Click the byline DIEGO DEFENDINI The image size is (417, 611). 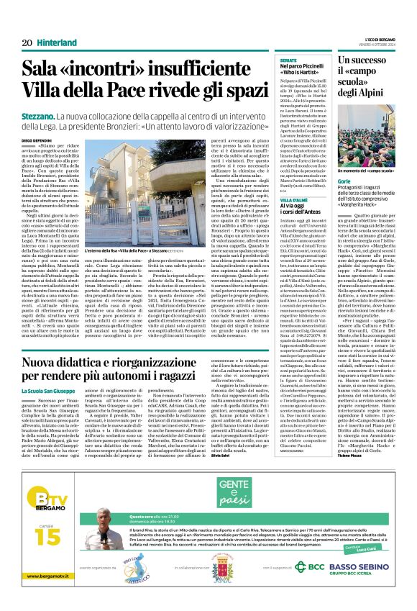click(39, 142)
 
